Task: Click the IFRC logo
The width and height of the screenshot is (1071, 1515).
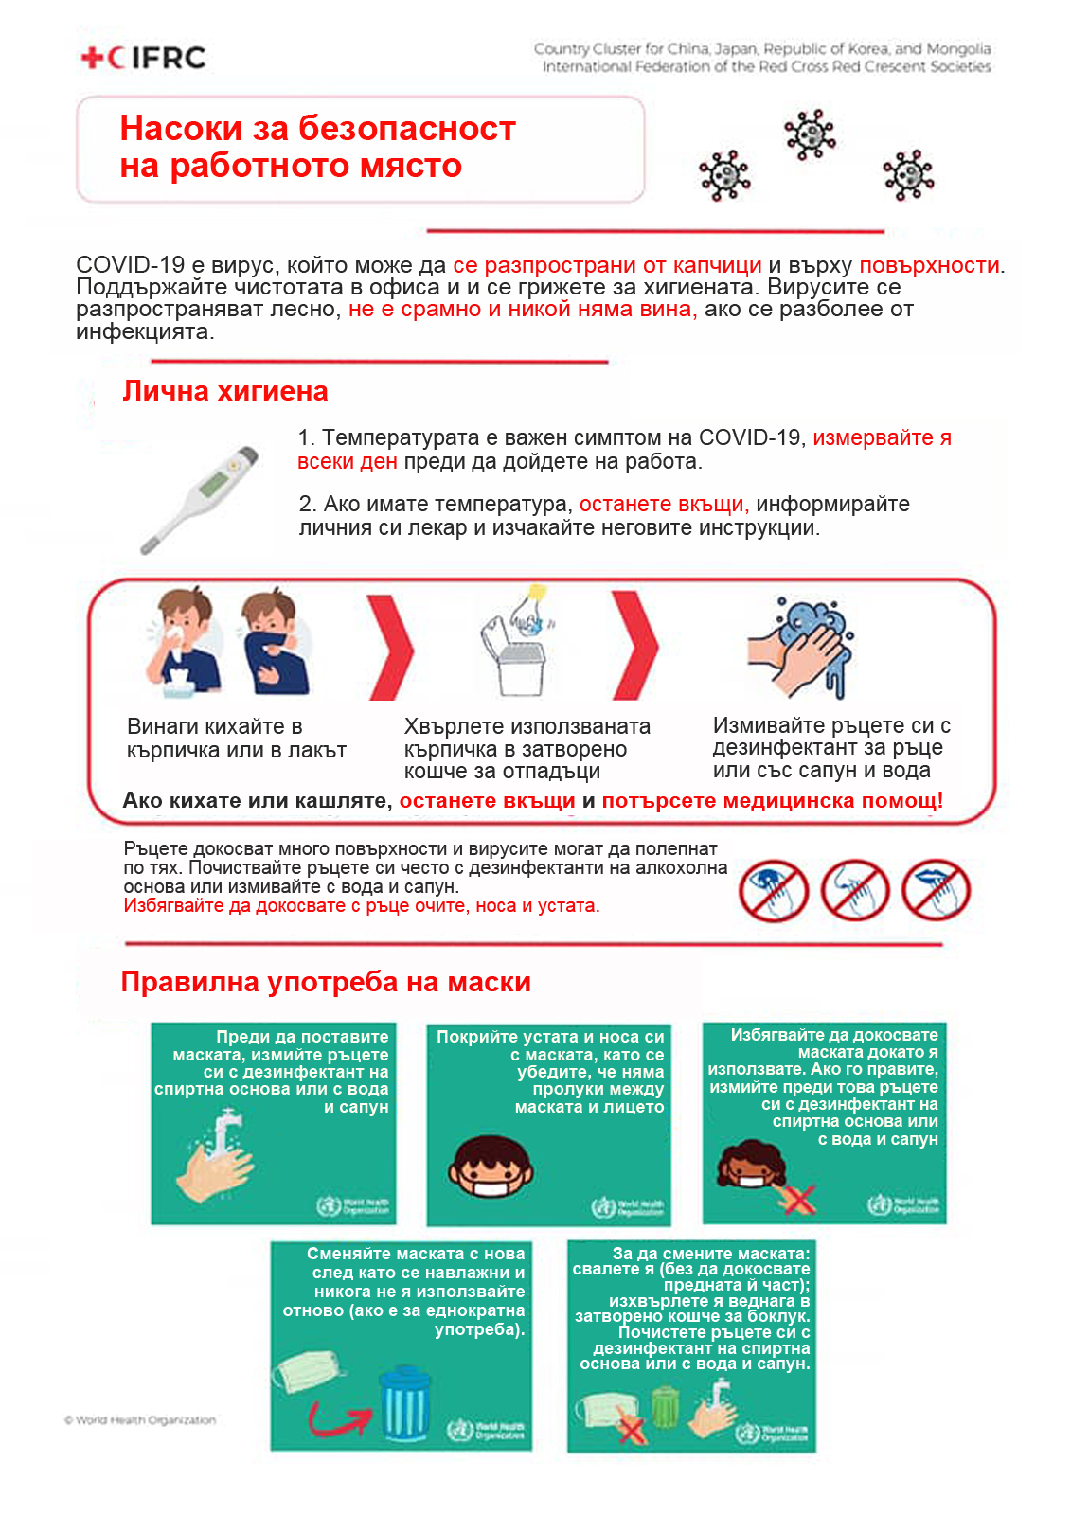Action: (x=144, y=58)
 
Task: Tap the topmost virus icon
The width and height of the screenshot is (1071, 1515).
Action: (x=810, y=134)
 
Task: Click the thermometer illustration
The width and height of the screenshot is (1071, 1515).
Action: (x=200, y=498)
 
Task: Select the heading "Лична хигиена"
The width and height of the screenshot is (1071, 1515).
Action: (x=224, y=391)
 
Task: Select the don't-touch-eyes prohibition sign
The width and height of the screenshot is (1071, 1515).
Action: (x=773, y=891)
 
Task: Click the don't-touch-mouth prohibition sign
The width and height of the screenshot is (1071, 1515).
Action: (x=936, y=891)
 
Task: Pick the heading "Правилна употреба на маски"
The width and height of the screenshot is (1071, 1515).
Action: (x=326, y=982)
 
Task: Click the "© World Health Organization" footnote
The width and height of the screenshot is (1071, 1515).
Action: (x=140, y=1420)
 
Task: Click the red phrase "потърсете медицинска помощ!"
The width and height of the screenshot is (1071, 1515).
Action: (x=772, y=801)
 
